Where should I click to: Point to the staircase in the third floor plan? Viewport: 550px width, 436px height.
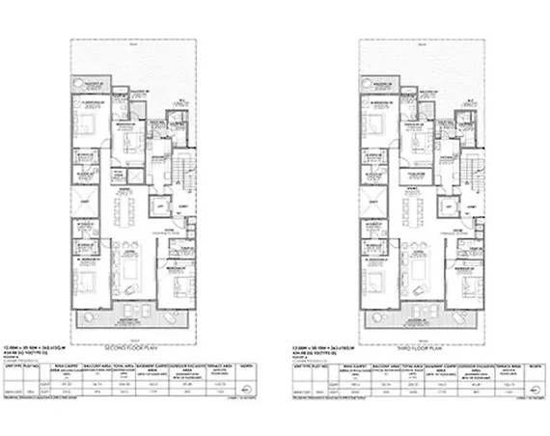tap(466, 169)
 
